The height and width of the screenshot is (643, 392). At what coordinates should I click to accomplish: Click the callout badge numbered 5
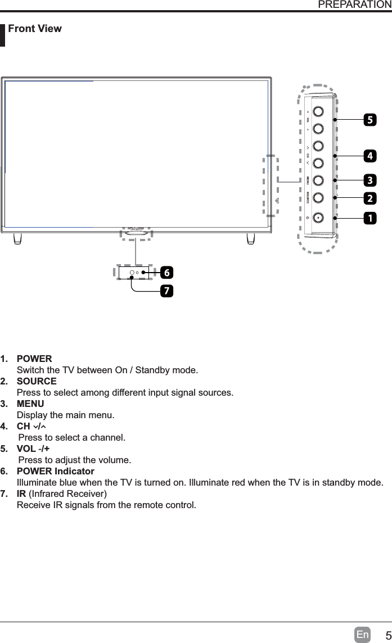click(x=370, y=120)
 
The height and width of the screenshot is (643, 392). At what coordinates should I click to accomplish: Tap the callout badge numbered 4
click(x=370, y=155)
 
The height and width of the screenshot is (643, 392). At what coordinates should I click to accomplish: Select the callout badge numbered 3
click(x=370, y=180)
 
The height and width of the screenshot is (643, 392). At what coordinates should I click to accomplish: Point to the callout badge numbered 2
click(x=370, y=198)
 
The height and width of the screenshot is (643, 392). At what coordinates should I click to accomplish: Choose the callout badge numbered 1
click(x=370, y=217)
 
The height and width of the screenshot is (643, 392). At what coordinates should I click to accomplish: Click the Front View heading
click(x=35, y=29)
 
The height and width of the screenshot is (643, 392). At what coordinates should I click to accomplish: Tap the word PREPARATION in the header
click(x=354, y=5)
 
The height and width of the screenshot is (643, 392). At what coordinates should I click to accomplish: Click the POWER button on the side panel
click(x=318, y=217)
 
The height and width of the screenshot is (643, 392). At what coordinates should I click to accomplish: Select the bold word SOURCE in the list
click(x=37, y=381)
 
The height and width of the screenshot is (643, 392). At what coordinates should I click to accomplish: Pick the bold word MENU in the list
click(x=30, y=404)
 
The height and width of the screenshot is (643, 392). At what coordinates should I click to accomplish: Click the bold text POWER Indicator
click(x=56, y=471)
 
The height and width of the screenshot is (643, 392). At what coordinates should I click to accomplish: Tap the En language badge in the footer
click(x=363, y=635)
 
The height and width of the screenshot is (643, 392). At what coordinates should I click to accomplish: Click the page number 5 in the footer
click(x=385, y=635)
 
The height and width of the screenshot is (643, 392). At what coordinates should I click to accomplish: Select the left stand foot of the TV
click(x=18, y=238)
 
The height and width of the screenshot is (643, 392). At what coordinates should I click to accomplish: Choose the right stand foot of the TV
click(x=251, y=238)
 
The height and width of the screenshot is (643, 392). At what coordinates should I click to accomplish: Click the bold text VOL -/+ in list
click(x=33, y=449)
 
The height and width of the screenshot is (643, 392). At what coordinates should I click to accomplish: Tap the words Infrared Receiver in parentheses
click(x=67, y=493)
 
